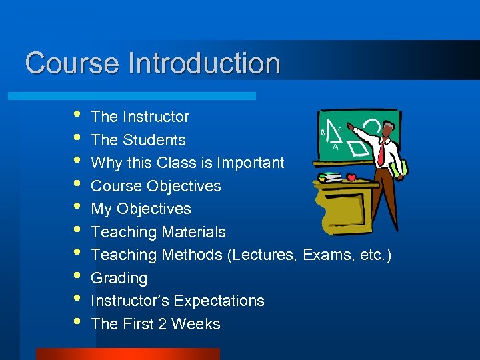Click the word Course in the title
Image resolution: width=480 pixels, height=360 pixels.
[x=72, y=63]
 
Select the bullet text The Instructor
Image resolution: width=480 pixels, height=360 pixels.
[x=140, y=117]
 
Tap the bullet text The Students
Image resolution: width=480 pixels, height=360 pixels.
[x=138, y=140]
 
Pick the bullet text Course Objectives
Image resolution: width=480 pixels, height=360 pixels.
[x=155, y=186]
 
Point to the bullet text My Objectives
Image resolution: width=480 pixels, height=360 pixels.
[x=141, y=209]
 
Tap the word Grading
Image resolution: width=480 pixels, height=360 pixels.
[x=119, y=278]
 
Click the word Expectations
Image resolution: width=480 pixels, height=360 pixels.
[x=220, y=301]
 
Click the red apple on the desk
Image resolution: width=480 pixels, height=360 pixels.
[x=351, y=178]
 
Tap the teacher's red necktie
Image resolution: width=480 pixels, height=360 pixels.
[x=381, y=154]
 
